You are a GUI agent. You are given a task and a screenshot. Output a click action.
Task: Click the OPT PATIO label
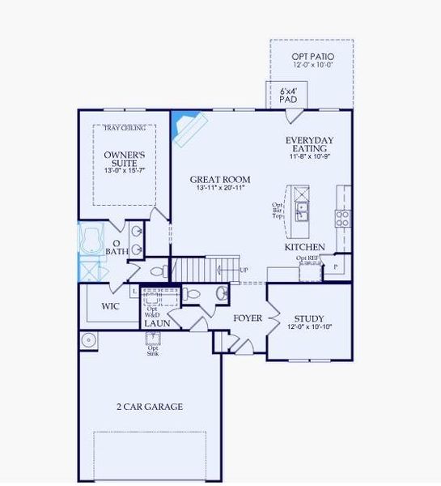point(312,57)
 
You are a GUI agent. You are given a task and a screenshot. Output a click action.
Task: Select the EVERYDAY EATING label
point(309,145)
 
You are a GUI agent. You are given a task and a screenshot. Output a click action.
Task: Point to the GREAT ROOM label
point(220,180)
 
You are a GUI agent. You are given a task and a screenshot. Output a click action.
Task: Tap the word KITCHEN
point(304,247)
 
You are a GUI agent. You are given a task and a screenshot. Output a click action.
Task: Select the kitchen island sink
point(302,212)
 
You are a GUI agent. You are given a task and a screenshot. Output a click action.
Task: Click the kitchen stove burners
point(343,216)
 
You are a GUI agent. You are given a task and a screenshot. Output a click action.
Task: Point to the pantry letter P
point(335,266)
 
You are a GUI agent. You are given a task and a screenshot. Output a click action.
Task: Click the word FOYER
point(248,318)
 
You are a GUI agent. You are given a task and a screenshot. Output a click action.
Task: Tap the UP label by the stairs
point(244,270)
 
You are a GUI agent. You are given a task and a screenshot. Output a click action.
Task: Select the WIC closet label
point(110,307)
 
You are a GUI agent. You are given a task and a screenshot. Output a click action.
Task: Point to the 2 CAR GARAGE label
point(150,407)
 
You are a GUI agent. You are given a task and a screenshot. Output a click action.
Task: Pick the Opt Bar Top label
point(277,211)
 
